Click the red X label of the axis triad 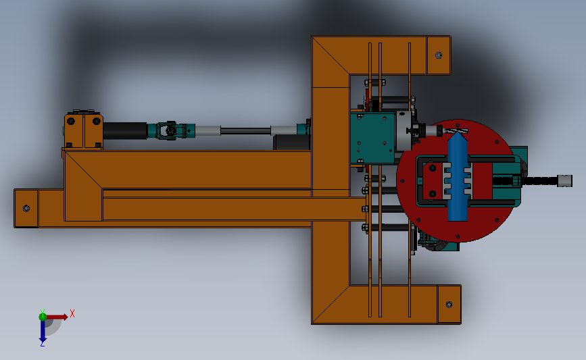pyautogui.click(x=72, y=313)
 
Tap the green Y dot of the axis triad pyautogui.click(x=43, y=317)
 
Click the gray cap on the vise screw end pyautogui.click(x=564, y=181)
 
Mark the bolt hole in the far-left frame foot pyautogui.click(x=26, y=208)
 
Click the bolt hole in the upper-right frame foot pyautogui.click(x=439, y=55)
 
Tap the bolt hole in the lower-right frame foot pyautogui.click(x=449, y=305)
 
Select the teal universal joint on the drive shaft pyautogui.click(x=171, y=131)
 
